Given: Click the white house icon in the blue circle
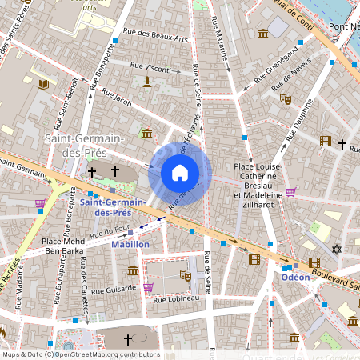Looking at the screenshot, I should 180,173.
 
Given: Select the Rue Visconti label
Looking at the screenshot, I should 148,69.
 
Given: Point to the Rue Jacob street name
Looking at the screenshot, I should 117,98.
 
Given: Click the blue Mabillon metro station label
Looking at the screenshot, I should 130,243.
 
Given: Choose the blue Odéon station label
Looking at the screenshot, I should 296,277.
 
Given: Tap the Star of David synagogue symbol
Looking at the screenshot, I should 337,250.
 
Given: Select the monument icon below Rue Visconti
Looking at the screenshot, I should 147,82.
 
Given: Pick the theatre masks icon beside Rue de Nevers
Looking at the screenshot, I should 284,98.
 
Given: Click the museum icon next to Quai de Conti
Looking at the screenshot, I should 263,33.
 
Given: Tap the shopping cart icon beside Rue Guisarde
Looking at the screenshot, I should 148,286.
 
